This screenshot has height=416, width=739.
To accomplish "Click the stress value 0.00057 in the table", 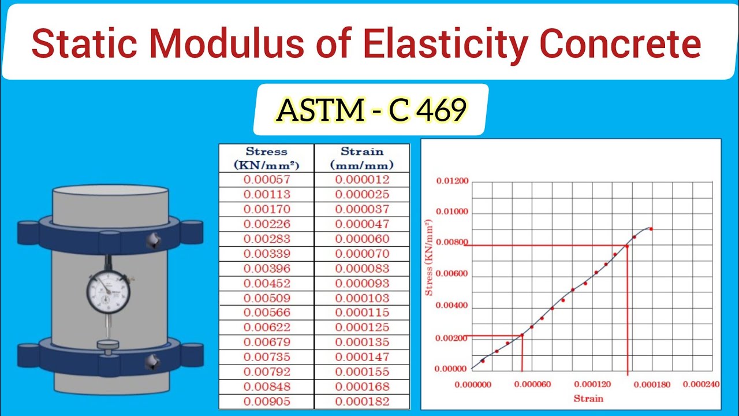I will click(x=267, y=180).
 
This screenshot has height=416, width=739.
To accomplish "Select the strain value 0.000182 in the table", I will click(x=362, y=402).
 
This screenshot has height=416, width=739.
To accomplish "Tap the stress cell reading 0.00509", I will click(x=267, y=298).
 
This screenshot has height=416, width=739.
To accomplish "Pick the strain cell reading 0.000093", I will click(x=362, y=283).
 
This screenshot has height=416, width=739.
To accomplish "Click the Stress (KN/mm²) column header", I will click(x=267, y=158).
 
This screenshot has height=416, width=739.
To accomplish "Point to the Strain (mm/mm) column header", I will click(x=362, y=158).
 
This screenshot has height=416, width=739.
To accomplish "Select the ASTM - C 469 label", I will click(x=371, y=110).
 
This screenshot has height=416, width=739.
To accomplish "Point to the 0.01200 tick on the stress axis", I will click(x=452, y=181).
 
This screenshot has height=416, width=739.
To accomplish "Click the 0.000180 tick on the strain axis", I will click(x=665, y=384).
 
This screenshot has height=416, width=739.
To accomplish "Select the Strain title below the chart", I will click(x=588, y=398).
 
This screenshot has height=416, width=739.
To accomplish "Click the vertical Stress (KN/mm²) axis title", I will click(x=429, y=258).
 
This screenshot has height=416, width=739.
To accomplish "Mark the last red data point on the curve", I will click(x=651, y=229).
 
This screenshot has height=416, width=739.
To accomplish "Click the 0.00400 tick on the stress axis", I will click(x=452, y=306).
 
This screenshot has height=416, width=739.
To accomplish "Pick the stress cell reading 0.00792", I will click(x=267, y=372).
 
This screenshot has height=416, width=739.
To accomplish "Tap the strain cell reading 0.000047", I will click(x=362, y=224).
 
